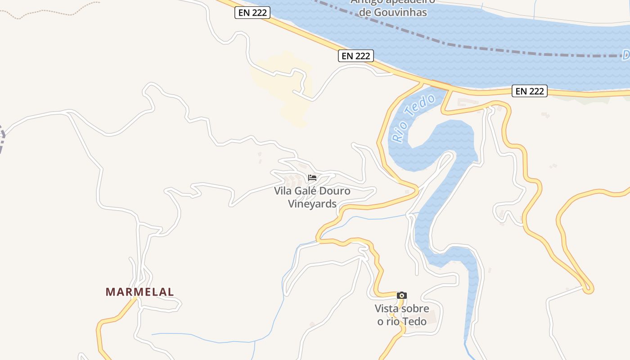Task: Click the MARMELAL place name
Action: (x=139, y=292)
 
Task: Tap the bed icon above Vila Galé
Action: (x=312, y=178)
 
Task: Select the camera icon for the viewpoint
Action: (x=402, y=296)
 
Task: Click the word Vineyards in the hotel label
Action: (x=312, y=204)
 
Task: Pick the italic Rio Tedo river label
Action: (x=413, y=118)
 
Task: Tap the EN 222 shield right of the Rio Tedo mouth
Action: (x=530, y=91)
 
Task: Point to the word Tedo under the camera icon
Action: (x=414, y=321)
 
